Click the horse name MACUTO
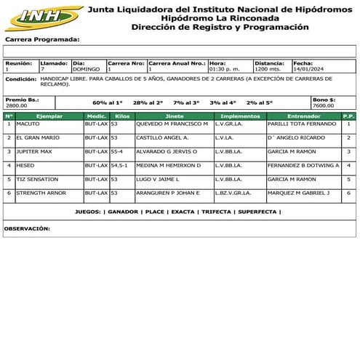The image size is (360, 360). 28,124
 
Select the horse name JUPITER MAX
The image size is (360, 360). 33,151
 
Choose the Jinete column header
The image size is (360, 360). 175,116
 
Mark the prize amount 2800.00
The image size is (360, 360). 16,105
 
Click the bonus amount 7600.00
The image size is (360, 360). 324,105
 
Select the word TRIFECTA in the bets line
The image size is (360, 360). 215,212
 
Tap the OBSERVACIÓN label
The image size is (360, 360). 27,228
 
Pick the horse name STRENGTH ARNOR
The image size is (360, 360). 41,193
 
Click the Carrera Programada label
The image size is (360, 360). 41,39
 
